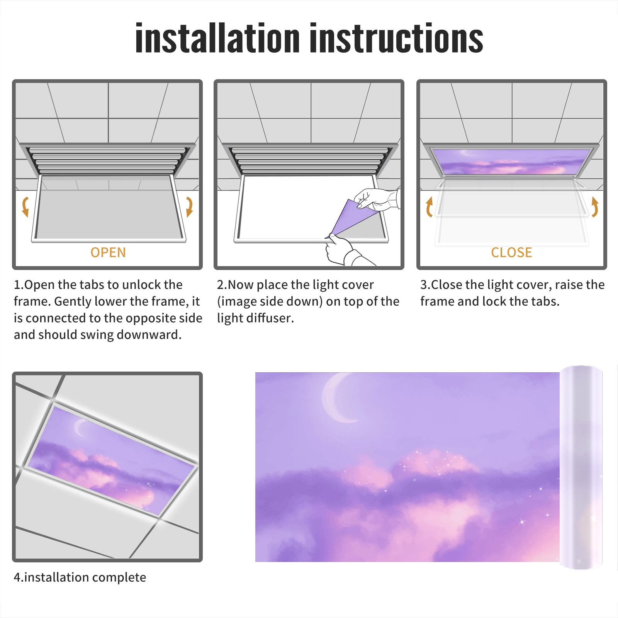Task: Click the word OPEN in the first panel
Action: tap(108, 253)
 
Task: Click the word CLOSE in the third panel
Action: tap(511, 253)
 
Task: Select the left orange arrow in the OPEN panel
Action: tap(25, 207)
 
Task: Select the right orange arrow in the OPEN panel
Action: tap(189, 207)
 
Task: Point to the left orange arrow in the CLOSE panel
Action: tap(429, 207)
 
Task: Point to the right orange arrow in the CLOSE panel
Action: tap(595, 207)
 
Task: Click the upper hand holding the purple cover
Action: tap(377, 199)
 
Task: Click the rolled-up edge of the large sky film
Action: tap(581, 467)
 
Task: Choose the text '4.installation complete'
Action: tap(80, 577)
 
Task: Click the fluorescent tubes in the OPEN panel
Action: tap(107, 160)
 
